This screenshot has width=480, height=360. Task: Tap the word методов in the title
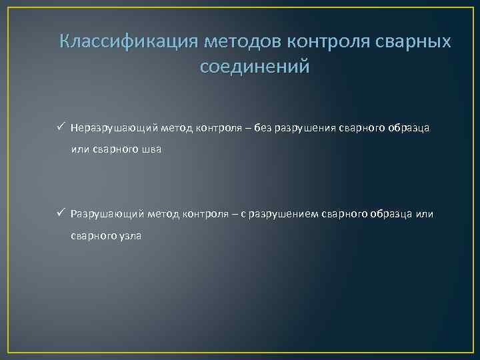[243, 41]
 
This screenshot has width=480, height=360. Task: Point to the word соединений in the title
[255, 67]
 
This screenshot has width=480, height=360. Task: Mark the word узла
[131, 236]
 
